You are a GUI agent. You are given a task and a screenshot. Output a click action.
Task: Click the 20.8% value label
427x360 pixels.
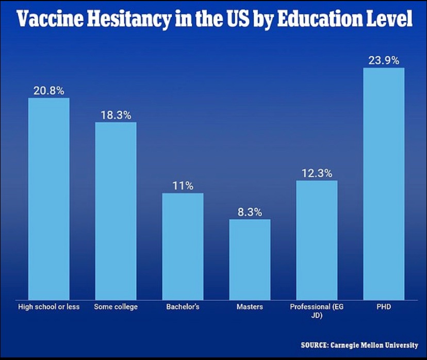point(49,91)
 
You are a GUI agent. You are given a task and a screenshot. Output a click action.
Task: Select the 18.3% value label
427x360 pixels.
point(116,115)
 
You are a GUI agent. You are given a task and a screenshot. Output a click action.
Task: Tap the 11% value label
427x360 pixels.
point(183,186)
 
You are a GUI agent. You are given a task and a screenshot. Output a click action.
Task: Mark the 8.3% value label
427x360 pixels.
point(250,212)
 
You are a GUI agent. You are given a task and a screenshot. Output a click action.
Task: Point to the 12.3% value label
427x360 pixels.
point(317,173)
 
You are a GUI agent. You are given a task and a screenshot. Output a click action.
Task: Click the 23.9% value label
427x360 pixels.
point(384,60)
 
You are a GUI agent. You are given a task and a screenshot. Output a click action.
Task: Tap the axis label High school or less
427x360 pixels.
point(48,307)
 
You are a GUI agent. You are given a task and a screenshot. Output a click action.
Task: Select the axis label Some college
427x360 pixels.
point(116,307)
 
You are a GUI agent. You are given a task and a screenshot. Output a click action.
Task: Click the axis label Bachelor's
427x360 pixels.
point(183,307)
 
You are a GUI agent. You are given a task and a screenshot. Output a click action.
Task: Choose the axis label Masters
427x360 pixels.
point(250,307)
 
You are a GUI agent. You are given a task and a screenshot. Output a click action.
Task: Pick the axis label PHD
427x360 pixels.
point(384,307)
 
